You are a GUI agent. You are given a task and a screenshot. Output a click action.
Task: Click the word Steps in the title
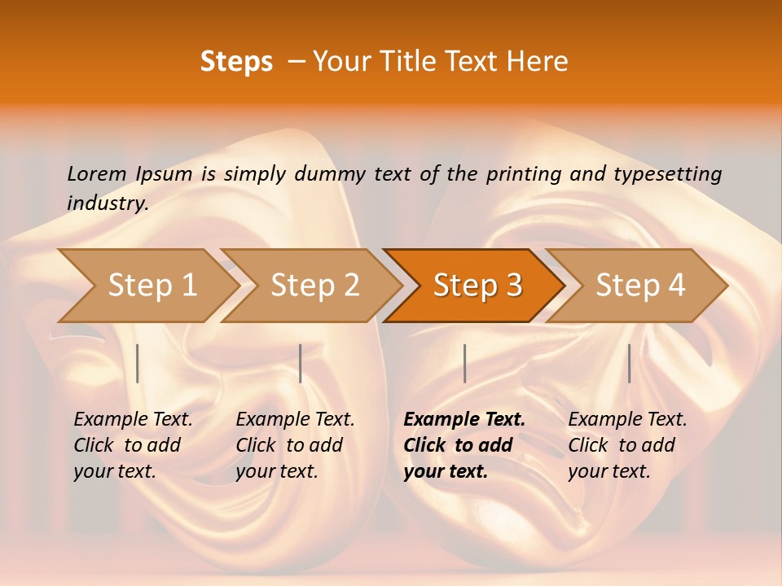pyautogui.click(x=236, y=62)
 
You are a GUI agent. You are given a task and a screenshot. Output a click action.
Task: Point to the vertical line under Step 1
pyautogui.click(x=138, y=363)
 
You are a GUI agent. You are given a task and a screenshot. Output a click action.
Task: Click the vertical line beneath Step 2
pyautogui.click(x=301, y=363)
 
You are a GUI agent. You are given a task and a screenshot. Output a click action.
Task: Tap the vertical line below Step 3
pyautogui.click(x=464, y=363)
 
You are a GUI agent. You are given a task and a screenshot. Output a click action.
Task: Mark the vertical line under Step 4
pyautogui.click(x=629, y=363)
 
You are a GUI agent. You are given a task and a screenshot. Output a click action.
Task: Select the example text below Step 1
pyautogui.click(x=133, y=445)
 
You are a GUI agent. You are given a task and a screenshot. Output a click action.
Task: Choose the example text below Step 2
pyautogui.click(x=295, y=445)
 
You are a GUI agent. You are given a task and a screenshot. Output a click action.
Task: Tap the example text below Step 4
pyautogui.click(x=627, y=445)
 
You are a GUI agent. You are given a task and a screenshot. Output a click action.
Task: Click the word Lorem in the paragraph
pyautogui.click(x=97, y=174)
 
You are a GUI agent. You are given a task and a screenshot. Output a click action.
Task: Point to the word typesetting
pyautogui.click(x=669, y=174)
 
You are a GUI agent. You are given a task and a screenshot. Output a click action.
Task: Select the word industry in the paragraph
pyautogui.click(x=106, y=203)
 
